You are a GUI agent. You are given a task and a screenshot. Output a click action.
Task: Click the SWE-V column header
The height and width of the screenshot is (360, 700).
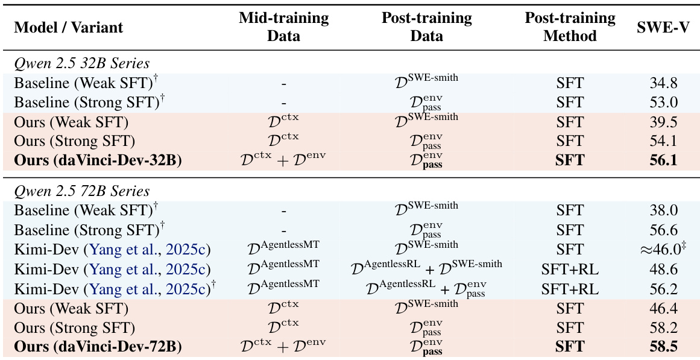(x=661, y=27)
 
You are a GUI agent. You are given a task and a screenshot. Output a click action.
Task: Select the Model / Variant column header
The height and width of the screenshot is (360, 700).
(x=68, y=27)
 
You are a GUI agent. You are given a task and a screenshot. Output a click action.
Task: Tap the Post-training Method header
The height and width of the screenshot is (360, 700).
(x=570, y=27)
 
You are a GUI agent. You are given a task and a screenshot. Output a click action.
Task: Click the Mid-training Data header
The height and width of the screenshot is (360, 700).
(x=283, y=27)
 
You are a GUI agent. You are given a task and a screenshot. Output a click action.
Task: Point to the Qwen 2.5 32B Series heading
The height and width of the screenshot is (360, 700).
(x=81, y=63)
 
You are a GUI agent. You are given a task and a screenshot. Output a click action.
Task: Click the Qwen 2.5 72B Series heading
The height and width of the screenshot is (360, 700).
(x=81, y=191)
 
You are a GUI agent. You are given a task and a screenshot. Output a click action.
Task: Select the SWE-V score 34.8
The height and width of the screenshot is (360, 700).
(x=661, y=83)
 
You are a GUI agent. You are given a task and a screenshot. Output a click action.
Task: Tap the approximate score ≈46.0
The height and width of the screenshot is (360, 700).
(x=661, y=248)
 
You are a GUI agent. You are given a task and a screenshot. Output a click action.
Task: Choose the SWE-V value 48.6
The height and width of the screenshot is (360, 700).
(x=661, y=270)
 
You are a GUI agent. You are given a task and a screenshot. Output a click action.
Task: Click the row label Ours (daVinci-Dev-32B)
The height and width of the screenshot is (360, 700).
(x=98, y=160)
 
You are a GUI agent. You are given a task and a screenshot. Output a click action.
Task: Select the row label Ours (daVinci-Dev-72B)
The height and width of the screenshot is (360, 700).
(x=98, y=347)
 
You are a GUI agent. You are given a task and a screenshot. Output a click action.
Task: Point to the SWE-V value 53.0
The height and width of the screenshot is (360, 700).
(x=661, y=102)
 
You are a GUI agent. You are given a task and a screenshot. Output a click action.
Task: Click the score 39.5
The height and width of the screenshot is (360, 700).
(x=661, y=122)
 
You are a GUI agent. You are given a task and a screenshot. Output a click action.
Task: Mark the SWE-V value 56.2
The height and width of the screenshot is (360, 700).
(x=661, y=289)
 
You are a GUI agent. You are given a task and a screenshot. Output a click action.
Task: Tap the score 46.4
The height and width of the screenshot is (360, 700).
(x=661, y=309)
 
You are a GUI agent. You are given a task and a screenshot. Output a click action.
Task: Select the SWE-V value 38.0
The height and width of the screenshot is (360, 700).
(x=661, y=210)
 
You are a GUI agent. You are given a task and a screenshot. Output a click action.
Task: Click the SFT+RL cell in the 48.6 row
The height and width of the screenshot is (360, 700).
(x=570, y=270)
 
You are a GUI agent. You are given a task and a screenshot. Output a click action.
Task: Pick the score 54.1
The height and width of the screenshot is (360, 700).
(x=661, y=141)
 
